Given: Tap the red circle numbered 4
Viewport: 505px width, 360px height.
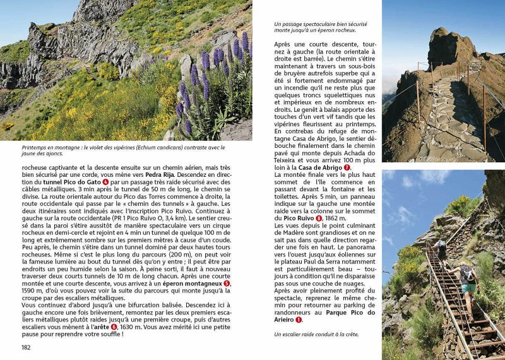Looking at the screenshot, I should (106, 182).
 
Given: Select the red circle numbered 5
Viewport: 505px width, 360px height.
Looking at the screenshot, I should (227, 284).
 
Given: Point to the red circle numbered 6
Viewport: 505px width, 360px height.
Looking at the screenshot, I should (114, 327).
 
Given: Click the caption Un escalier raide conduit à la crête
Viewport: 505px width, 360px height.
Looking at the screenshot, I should (316, 333).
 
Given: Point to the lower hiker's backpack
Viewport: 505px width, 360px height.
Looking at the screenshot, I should (466, 273).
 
